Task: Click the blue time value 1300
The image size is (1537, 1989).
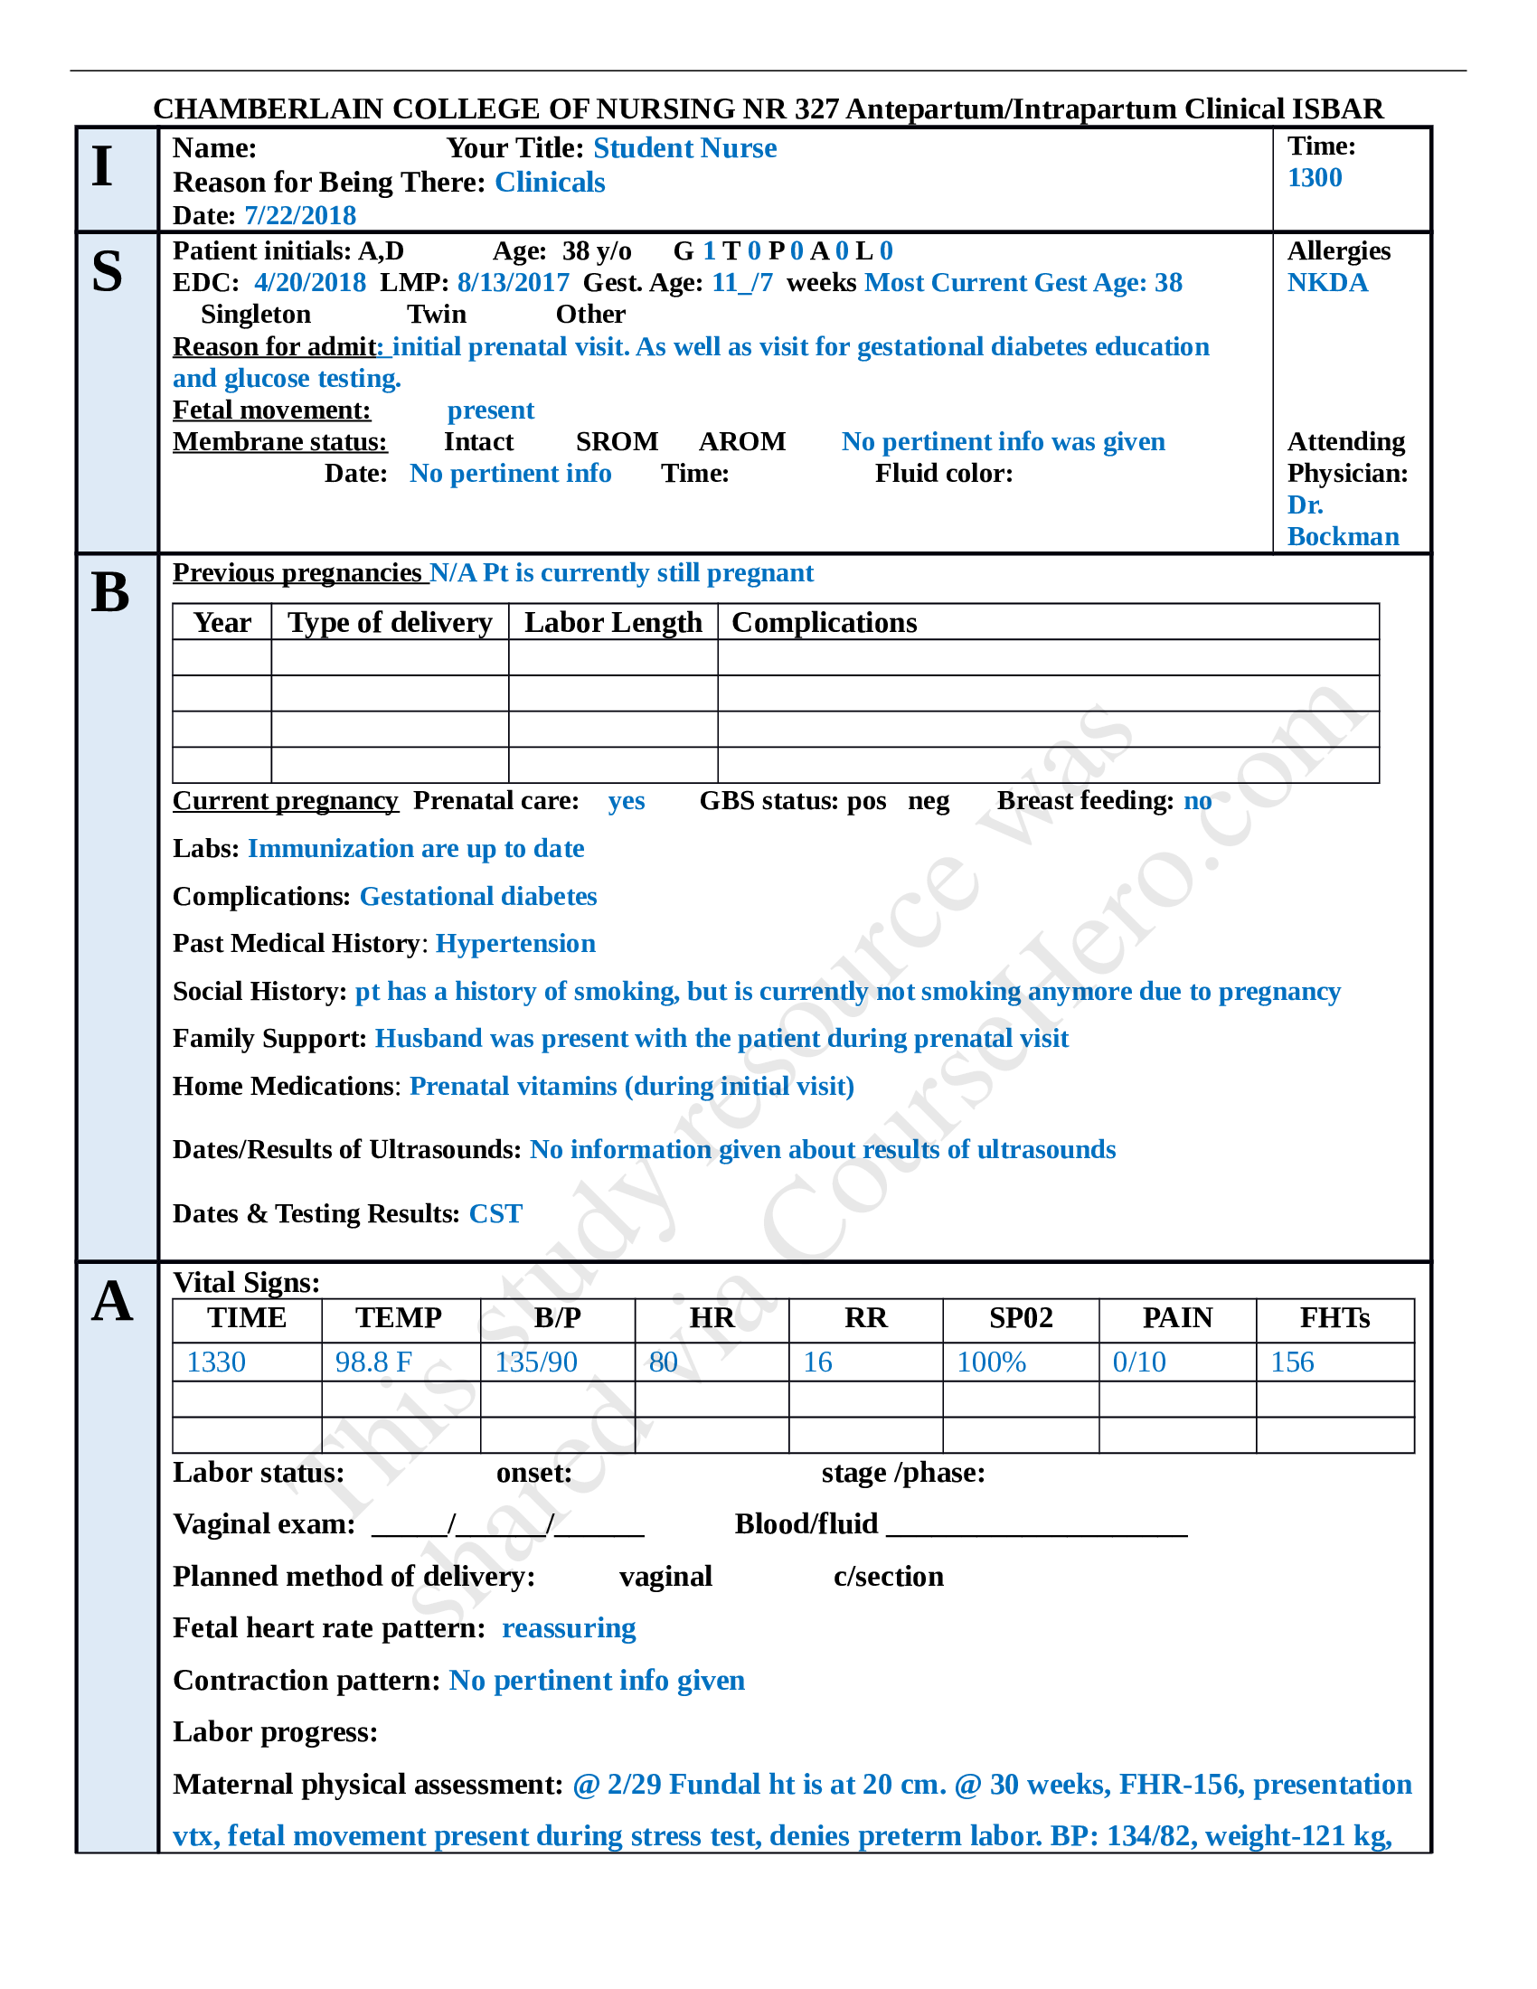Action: tap(1314, 177)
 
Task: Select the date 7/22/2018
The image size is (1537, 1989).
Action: tap(299, 216)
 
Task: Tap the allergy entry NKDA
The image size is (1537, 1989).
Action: tap(1326, 283)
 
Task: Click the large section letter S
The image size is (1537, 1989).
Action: tap(108, 271)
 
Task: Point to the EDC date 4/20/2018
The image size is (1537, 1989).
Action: tap(309, 283)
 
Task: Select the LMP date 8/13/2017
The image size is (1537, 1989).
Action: tap(513, 283)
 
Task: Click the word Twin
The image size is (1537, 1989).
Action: tap(436, 315)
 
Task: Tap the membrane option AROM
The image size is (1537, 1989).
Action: tap(741, 442)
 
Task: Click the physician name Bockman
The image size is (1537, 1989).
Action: tap(1342, 537)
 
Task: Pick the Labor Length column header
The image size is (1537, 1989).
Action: tap(613, 623)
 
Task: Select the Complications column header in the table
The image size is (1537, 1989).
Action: tap(824, 623)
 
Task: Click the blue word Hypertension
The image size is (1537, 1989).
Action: tap(515, 944)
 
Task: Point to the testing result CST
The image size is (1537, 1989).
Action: tap(495, 1214)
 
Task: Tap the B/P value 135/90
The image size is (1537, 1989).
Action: tap(536, 1362)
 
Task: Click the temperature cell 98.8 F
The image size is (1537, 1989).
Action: tap(373, 1362)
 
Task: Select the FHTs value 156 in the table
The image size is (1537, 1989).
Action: tap(1292, 1362)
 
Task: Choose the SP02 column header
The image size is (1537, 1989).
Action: tap(1021, 1319)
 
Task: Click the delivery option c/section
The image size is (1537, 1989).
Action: tap(888, 1577)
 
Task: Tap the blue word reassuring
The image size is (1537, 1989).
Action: tap(568, 1628)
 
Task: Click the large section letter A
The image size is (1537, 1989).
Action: tap(111, 1301)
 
